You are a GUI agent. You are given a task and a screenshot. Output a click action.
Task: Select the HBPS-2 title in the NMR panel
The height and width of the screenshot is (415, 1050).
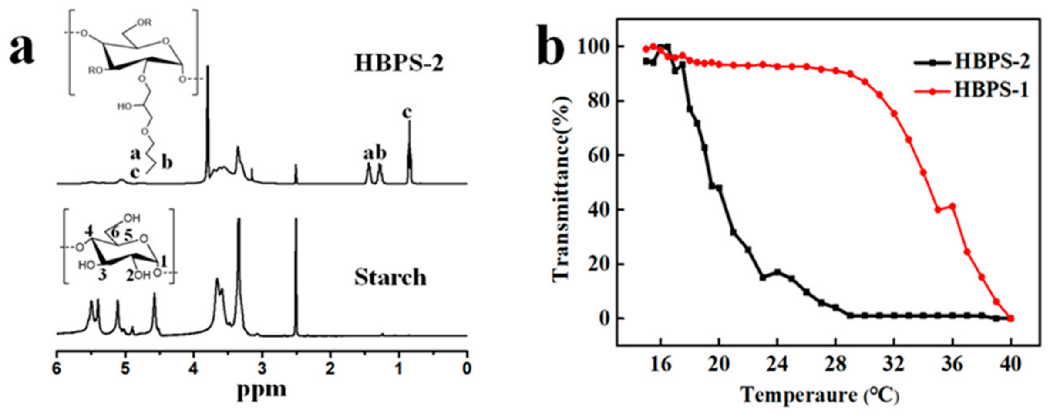tap(399, 63)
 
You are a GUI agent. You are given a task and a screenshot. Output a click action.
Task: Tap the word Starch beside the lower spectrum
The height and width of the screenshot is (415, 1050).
tap(390, 278)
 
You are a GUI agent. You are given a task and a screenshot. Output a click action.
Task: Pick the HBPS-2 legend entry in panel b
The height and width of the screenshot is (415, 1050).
tap(992, 61)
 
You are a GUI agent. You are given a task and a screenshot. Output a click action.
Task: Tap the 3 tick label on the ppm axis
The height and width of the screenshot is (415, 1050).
tap(262, 369)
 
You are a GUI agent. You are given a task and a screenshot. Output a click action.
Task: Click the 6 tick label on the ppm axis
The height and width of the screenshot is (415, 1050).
tap(57, 369)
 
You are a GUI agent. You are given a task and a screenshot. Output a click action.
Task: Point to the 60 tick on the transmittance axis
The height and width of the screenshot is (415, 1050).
tap(599, 155)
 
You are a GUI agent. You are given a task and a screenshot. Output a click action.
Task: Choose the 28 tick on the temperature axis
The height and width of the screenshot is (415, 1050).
tap(835, 364)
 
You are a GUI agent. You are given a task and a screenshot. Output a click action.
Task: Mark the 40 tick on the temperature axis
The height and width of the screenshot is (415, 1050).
tap(1010, 364)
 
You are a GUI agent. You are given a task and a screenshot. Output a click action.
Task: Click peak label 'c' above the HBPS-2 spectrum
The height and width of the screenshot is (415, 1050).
tap(407, 113)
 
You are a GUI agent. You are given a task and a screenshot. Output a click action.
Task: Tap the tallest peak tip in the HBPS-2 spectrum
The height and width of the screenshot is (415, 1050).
tap(208, 66)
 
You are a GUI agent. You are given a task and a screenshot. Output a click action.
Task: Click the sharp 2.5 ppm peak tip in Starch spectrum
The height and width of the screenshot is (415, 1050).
tap(296, 219)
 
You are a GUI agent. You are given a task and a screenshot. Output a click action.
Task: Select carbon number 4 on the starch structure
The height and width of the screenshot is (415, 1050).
tap(90, 231)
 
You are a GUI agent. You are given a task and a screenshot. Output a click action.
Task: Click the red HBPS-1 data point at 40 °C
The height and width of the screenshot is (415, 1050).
tap(1011, 318)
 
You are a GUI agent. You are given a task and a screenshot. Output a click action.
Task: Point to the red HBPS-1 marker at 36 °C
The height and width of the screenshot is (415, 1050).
tap(952, 206)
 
